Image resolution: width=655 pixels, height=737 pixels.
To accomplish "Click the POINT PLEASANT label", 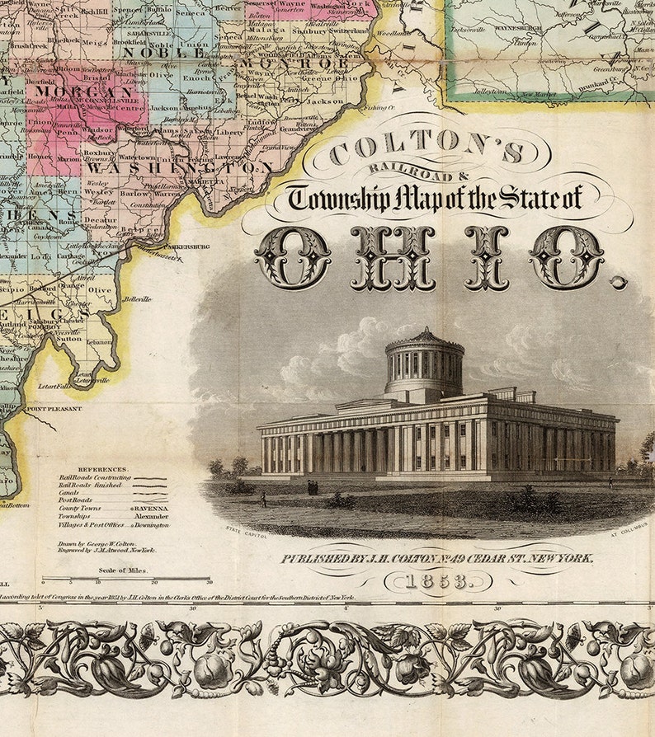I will pos(55,408).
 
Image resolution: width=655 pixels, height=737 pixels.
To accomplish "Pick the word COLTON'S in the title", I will pos(427,153).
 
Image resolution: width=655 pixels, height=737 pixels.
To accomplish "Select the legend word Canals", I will pos(70,493).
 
